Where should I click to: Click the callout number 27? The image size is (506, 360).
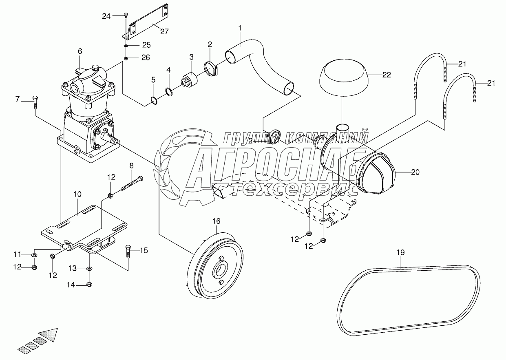pos(164,32)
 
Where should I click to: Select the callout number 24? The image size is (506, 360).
pos(106,16)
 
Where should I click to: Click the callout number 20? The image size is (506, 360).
pos(415,172)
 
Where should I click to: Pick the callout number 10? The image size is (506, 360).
pos(78,195)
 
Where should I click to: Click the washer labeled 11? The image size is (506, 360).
pos(34,255)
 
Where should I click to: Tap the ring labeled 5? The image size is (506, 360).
pos(153,100)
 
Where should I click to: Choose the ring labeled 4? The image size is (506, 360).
pos(168,90)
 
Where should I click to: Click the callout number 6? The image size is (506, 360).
pos(80,51)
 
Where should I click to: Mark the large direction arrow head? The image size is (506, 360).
pos(51,335)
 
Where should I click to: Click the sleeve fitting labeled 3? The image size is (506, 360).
pos(190,80)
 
